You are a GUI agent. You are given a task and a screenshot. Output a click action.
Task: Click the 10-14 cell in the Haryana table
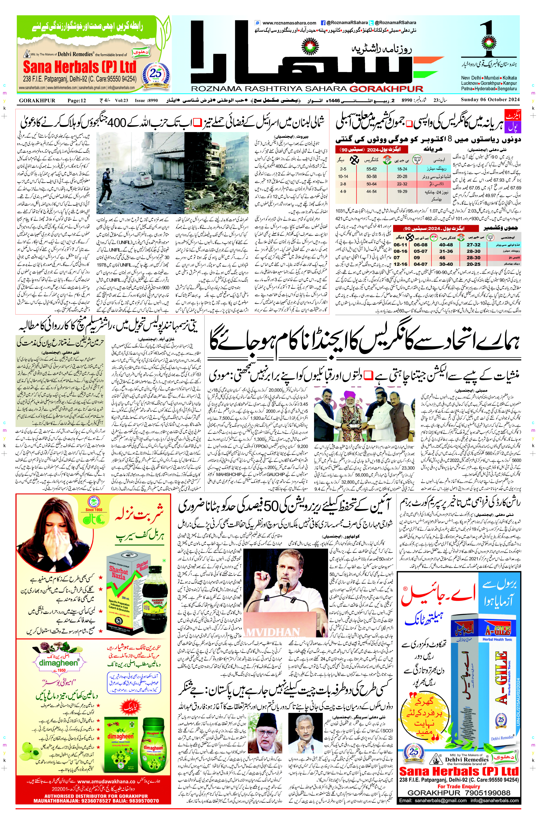click(x=343, y=176)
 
